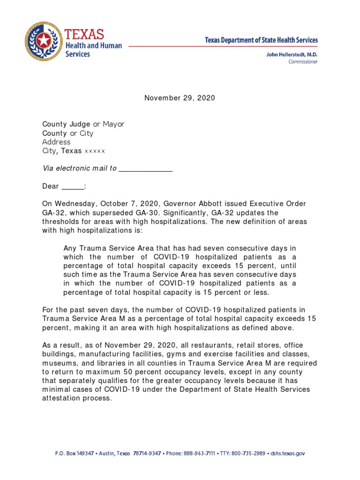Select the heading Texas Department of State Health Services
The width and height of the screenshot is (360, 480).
(261, 40)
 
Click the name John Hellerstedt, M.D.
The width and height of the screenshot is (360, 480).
(292, 55)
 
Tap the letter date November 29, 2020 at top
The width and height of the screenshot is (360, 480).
(180, 98)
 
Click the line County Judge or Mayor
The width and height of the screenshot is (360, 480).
(83, 124)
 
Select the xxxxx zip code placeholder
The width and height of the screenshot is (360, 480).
(95, 151)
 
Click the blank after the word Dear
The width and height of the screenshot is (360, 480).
(73, 186)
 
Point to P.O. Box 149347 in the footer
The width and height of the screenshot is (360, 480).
(75, 454)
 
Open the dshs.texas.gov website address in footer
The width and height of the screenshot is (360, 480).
(287, 454)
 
